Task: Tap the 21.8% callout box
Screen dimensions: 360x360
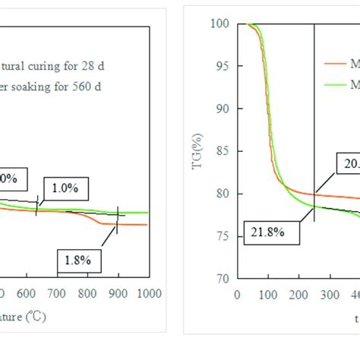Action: pyautogui.click(x=265, y=232)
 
